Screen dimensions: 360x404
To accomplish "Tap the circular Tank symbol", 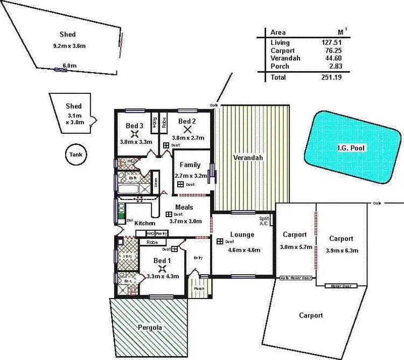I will click(x=75, y=155).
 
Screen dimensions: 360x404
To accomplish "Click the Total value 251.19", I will click(x=330, y=77).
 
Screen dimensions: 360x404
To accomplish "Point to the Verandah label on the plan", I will click(x=248, y=158).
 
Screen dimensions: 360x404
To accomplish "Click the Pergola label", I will click(x=149, y=327).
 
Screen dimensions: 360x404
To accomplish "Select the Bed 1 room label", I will click(x=162, y=261).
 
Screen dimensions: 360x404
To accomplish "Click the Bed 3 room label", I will click(x=135, y=126).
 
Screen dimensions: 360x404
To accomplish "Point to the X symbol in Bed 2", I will click(x=187, y=129).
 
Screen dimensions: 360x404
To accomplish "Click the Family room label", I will click(x=191, y=165).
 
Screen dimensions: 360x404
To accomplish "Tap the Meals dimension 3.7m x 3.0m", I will click(x=185, y=221).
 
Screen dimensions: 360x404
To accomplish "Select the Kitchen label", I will click(x=144, y=223).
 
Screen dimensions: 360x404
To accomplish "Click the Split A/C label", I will click(x=263, y=221).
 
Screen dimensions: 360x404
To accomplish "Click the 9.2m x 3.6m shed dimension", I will click(x=69, y=46).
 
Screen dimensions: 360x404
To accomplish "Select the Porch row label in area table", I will click(x=280, y=66).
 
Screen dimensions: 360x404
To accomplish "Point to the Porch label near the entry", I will click(x=199, y=288).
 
